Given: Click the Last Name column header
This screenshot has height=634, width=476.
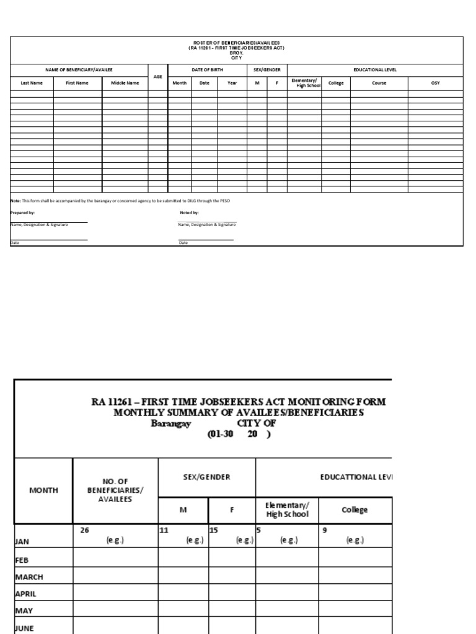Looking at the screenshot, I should pos(32,83).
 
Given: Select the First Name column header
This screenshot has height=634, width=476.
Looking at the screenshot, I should pos(77,83).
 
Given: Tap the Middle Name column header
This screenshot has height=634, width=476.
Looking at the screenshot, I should pos(125,83).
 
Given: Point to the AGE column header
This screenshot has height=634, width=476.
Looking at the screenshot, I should pos(158,77).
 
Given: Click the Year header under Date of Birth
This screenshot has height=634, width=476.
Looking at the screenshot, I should pos(232,83).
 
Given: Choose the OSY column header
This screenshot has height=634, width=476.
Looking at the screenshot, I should pos(435,83).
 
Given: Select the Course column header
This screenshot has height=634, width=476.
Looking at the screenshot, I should pos(379,83).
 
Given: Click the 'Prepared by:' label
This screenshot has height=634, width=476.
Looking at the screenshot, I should pos(23,212).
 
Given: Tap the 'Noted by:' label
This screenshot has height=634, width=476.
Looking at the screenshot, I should pos(188,212).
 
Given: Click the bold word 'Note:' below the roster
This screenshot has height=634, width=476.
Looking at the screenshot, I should pos(15,201).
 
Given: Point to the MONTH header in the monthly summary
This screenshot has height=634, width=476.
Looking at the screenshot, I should pos(43,490).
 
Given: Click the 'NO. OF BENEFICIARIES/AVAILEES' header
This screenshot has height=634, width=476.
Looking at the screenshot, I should pos(115,490).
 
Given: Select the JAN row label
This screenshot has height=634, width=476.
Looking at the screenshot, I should pos(22,541).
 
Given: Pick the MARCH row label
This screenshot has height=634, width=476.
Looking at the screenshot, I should pos(29,576).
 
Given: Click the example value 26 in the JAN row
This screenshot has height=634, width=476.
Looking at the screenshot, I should pos(84,530).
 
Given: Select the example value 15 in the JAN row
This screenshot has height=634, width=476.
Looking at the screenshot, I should pos(214,530).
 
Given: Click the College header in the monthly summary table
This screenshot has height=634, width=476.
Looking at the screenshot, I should pos(355,510).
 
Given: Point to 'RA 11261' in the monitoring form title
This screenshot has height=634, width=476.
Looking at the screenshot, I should pos(111,402).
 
